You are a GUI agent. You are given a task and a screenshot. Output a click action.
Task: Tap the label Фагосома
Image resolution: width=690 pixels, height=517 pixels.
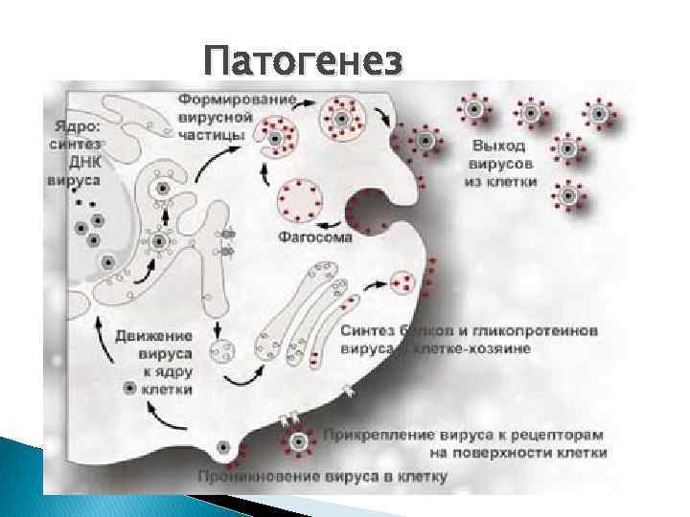click(x=314, y=235)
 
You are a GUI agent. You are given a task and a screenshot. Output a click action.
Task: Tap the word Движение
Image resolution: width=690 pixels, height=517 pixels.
click(x=153, y=335)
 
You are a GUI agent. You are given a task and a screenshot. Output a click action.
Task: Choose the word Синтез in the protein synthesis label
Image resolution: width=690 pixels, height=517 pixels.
click(x=369, y=330)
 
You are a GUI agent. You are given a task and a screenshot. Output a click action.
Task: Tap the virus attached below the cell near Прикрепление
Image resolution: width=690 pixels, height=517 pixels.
click(x=300, y=441)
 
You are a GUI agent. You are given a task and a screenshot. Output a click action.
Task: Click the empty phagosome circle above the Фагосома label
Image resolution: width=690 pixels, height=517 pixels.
click(x=298, y=199)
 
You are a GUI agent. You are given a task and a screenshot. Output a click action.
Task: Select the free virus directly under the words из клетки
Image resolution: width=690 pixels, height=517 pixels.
click(x=568, y=196)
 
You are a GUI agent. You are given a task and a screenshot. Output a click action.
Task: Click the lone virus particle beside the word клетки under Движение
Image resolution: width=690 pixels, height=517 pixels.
click(x=128, y=388)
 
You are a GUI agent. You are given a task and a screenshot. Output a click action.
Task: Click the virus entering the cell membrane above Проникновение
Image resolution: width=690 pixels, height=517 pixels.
click(x=222, y=447)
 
